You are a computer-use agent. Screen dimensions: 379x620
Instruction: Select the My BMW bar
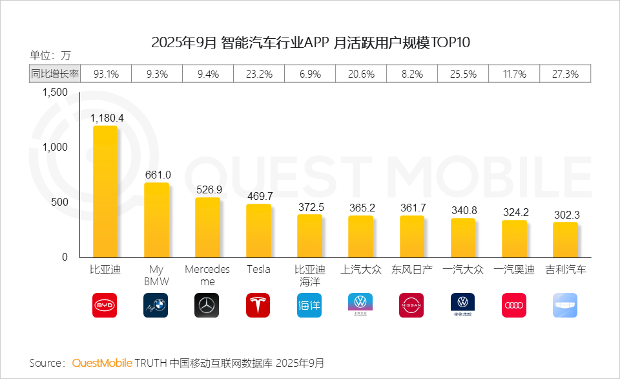tap(156, 220)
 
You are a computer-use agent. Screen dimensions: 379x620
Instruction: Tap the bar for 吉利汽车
tap(565, 240)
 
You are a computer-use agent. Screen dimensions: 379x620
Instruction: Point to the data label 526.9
tap(207, 189)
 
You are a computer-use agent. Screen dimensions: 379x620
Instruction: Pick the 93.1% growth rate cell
tap(106, 74)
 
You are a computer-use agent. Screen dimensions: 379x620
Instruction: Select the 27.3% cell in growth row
tap(565, 74)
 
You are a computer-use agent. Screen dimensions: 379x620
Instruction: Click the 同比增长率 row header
tap(55, 74)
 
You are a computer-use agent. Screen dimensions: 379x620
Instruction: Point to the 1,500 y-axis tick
tap(55, 92)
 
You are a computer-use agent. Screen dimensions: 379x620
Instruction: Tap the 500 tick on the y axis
tap(59, 202)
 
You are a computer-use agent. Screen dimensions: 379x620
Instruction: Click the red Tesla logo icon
tap(258, 305)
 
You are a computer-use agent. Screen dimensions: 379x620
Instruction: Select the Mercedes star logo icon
tap(207, 305)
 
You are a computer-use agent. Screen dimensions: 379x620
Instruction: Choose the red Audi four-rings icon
tap(514, 305)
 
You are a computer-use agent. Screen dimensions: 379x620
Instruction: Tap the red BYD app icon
tap(105, 305)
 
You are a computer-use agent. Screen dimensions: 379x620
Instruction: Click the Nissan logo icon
tap(411, 305)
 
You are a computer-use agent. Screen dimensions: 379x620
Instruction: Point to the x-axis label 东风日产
tap(411, 270)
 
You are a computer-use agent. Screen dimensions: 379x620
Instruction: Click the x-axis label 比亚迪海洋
tap(309, 276)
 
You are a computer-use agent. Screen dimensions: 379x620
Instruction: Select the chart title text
tap(311, 43)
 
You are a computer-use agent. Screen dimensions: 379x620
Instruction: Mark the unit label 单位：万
tap(50, 55)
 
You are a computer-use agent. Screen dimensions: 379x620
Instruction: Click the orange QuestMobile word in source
tap(101, 362)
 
